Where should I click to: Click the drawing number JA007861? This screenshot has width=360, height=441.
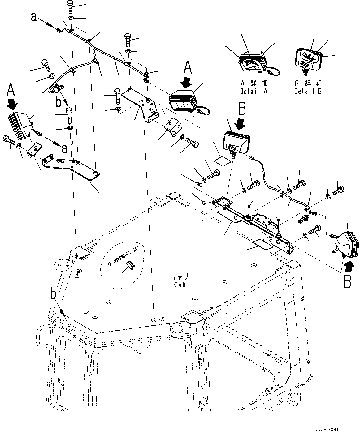click(327, 430)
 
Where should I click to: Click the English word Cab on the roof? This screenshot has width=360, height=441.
click(180, 285)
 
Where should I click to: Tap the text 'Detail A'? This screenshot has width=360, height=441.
click(254, 92)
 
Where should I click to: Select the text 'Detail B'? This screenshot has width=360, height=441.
click(308, 92)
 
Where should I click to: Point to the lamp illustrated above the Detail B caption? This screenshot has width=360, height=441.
click(308, 58)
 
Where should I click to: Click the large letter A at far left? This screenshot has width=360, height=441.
click(11, 91)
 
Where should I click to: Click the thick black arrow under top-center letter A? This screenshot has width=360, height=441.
click(187, 82)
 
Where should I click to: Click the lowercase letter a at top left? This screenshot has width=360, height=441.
click(34, 17)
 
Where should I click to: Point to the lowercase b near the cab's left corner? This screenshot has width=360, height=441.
click(54, 294)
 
